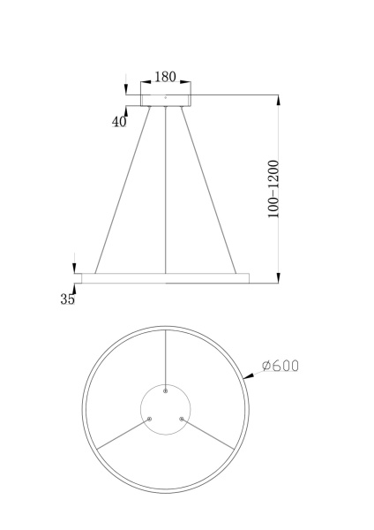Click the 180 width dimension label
point(165,77)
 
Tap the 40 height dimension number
point(119,121)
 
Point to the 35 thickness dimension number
point(68,299)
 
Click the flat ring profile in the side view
point(165,278)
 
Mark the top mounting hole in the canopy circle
point(166,390)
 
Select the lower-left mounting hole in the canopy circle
point(150,418)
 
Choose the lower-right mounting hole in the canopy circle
point(182,418)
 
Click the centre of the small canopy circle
point(166,407)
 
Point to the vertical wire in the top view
point(166,358)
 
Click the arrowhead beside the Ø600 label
point(251,376)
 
